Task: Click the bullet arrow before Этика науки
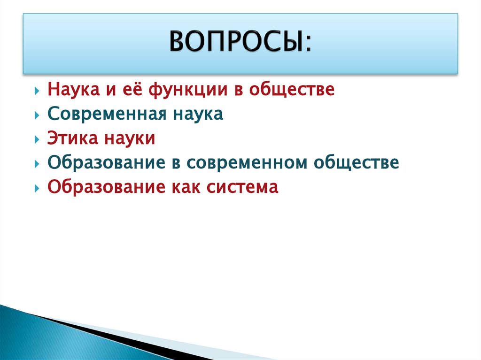click(37, 139)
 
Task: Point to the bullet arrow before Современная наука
click(37, 115)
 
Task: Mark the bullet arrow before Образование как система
click(37, 188)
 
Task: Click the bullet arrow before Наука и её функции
click(37, 91)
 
